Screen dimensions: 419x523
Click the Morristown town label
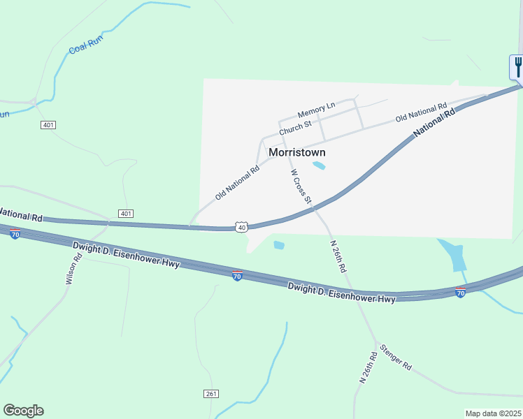pos(296,152)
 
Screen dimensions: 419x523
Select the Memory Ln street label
pos(316,110)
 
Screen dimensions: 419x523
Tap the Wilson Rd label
pos(73,268)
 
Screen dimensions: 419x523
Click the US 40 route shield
pos(241,227)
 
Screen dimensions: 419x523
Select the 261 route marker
pos(212,394)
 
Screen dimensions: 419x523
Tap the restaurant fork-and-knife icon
pos(517,67)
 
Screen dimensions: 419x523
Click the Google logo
pos(23,411)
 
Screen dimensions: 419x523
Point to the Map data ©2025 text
pos(492,413)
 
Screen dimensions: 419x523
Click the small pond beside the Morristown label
pos(319,166)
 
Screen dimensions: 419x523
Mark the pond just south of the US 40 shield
pos(279,245)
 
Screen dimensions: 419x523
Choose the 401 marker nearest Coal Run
pos(48,124)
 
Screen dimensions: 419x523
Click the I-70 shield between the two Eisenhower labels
pos(237,276)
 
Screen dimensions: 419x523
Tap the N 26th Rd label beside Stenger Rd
pos(368,367)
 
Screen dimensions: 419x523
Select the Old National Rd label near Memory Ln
pos(421,112)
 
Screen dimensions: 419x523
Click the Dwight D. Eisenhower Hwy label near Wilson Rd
pos(126,255)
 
